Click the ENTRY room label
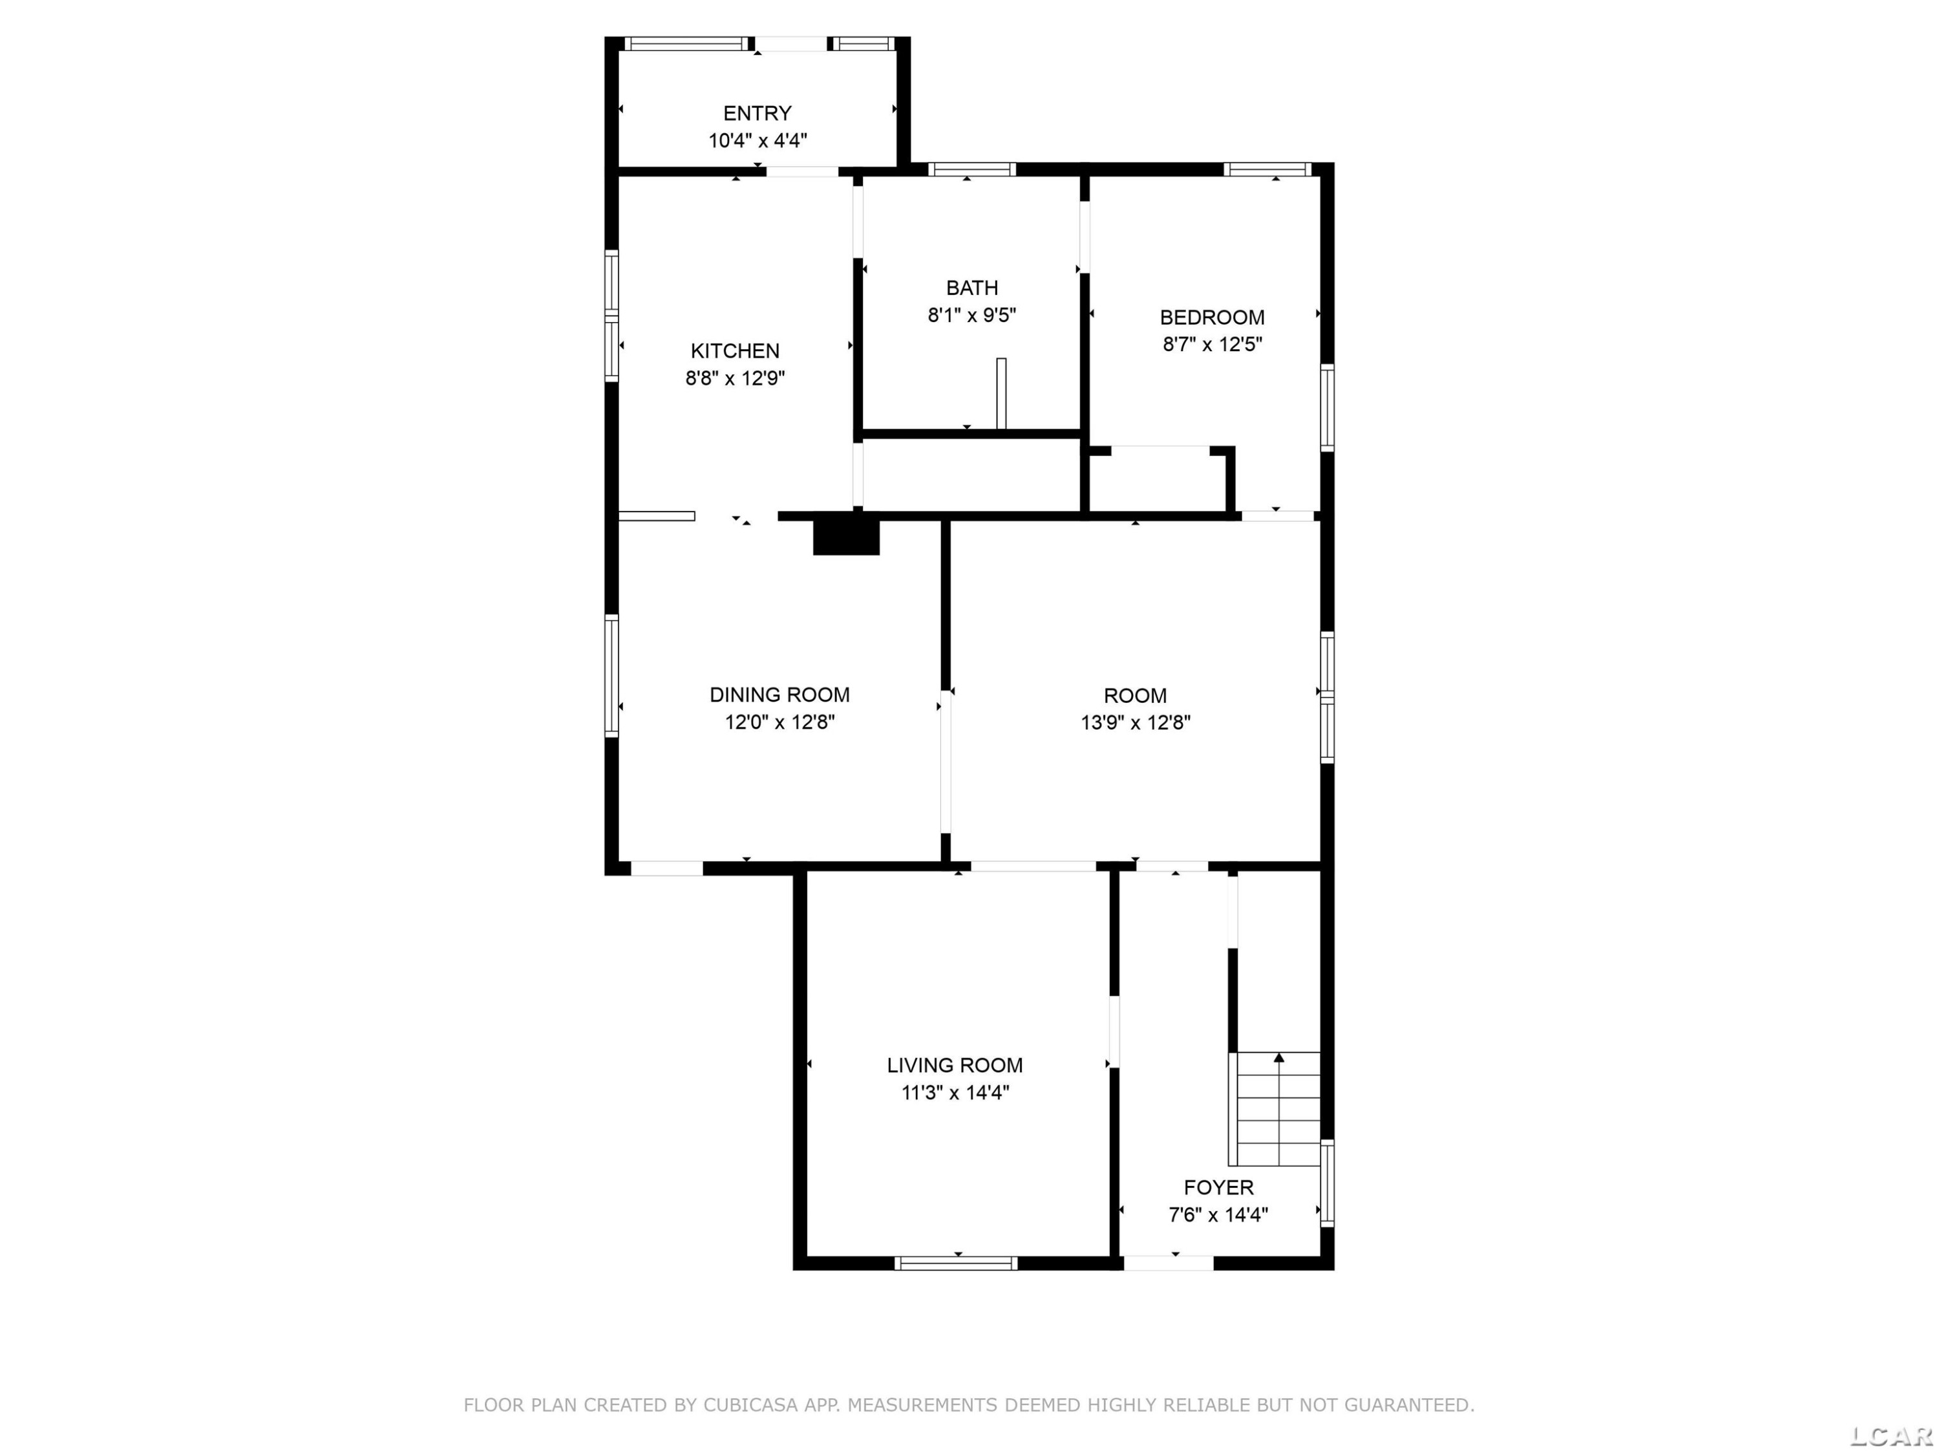[758, 113]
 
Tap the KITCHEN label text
[735, 350]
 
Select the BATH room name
[972, 288]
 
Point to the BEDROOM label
[1213, 318]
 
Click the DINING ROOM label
[779, 695]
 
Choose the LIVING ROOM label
[955, 1064]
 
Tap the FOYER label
[1218, 1187]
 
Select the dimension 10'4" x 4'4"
[758, 140]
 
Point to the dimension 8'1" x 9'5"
[972, 315]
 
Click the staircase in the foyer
[1275, 1110]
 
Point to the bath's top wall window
[972, 169]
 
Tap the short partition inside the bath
[1001, 394]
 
